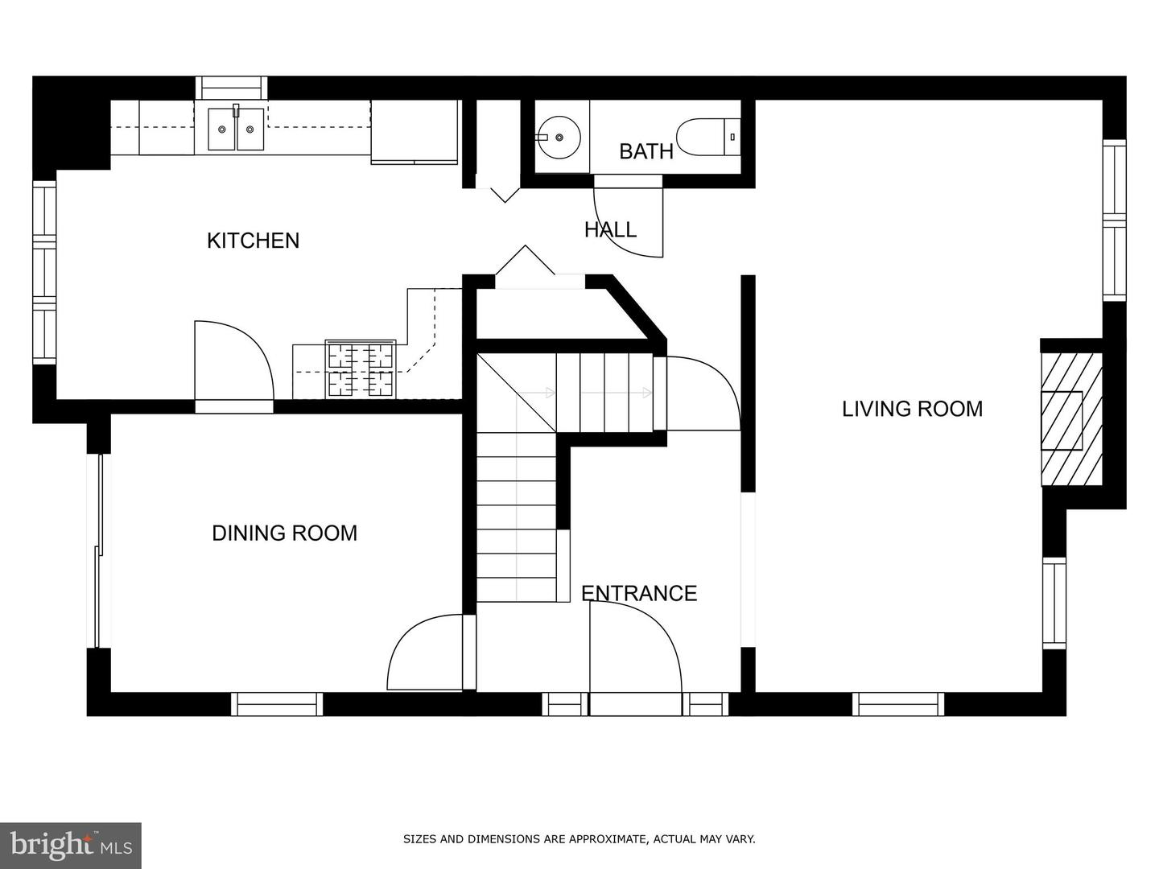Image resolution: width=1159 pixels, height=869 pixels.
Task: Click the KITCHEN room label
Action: [253, 241]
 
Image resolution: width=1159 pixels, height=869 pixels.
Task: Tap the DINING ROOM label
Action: [285, 533]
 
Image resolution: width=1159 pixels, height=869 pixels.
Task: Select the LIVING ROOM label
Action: [913, 409]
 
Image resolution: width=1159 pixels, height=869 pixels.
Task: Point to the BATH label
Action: [646, 151]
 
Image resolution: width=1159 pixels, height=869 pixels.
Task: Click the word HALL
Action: [610, 229]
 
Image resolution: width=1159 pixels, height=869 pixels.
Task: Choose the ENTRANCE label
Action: [639, 594]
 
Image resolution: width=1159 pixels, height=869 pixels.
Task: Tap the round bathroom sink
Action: [559, 137]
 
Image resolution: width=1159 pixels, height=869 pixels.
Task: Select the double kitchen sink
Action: [236, 129]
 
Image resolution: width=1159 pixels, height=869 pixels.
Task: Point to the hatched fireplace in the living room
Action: [1071, 419]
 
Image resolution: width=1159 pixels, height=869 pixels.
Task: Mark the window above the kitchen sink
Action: [231, 88]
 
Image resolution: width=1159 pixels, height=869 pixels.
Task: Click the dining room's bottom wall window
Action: [277, 704]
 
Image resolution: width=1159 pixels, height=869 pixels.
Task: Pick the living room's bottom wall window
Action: [898, 704]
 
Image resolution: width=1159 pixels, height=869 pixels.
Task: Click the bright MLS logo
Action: [71, 846]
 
